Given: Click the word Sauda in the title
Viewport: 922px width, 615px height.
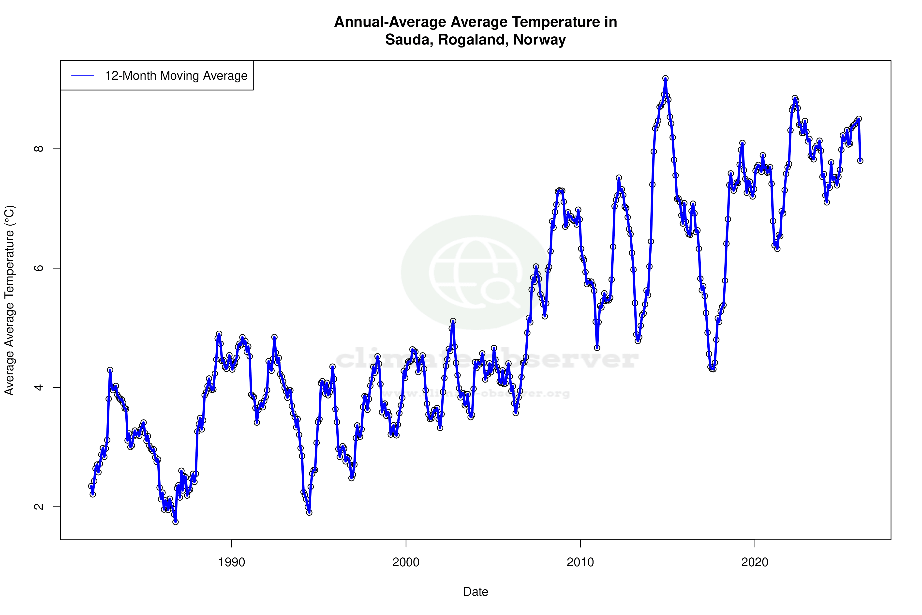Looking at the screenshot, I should [x=408, y=40].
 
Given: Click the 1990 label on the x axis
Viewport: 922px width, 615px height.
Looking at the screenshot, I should [x=232, y=562].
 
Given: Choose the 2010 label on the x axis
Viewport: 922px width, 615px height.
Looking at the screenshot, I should [x=580, y=562].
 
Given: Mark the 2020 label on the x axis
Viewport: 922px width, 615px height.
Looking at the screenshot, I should [x=755, y=562].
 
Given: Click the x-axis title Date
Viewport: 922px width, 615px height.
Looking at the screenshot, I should [x=476, y=592].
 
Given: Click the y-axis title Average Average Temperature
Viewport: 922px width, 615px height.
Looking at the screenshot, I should [x=9, y=300].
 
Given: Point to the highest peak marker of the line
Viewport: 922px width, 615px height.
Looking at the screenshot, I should [x=666, y=78].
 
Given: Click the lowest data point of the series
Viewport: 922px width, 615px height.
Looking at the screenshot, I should [x=176, y=522].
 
